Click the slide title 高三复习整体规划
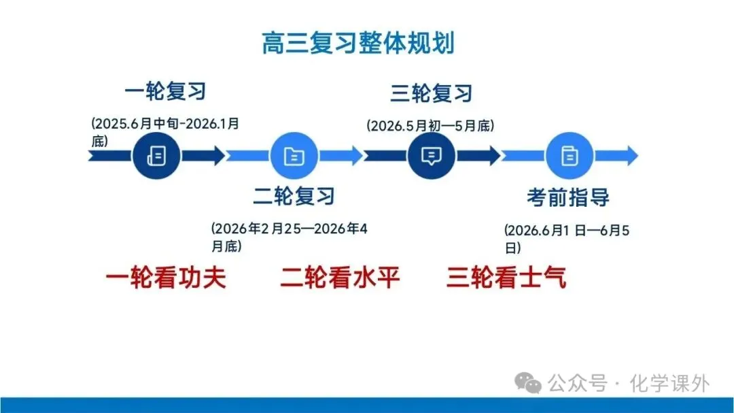[358, 42]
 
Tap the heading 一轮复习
[165, 90]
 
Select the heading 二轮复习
[294, 196]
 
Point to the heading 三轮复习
[431, 93]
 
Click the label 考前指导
[568, 197]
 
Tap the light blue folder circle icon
[294, 156]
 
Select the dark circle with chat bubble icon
[431, 156]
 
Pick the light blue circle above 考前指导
[569, 156]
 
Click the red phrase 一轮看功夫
[166, 278]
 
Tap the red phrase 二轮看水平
[340, 278]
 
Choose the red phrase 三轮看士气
[506, 278]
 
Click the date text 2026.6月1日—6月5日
[567, 238]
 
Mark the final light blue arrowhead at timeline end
[629, 156]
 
